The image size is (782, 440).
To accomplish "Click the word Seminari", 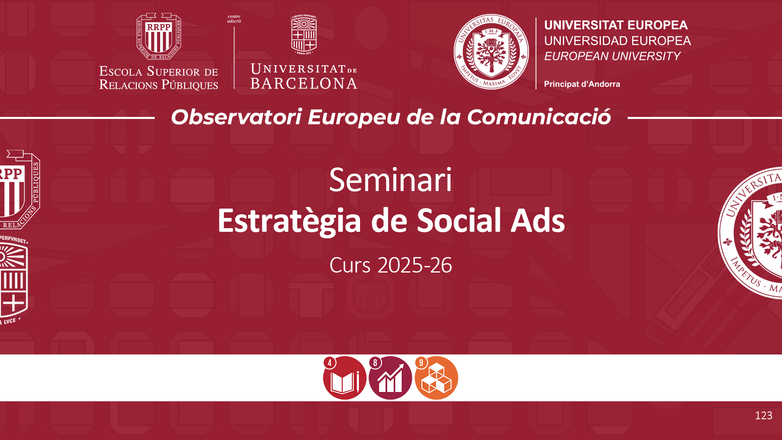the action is [x=391, y=180].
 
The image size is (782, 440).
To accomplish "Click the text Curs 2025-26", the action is [x=391, y=265].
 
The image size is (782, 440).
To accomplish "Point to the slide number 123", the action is [x=764, y=416].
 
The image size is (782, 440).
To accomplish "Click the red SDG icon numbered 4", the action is [x=345, y=378].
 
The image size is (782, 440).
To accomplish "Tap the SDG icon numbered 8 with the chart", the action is [x=390, y=378].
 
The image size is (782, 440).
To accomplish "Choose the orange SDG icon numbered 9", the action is [x=436, y=378].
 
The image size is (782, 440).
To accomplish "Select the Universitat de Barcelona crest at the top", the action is [x=304, y=35].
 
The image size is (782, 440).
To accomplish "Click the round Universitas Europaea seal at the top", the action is [x=491, y=52].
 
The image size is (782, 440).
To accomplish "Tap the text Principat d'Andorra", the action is [x=582, y=84].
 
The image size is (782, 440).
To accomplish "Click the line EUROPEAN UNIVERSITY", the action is [x=612, y=56].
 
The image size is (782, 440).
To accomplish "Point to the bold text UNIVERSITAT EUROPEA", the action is [x=616, y=25].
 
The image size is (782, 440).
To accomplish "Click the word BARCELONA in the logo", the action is [x=304, y=84].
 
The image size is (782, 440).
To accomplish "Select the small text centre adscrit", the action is [x=234, y=19].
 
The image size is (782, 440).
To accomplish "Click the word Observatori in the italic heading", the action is [x=236, y=117].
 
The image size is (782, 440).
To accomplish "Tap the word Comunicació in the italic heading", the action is [x=539, y=117].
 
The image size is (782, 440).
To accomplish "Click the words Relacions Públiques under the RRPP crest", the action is [x=159, y=85].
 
